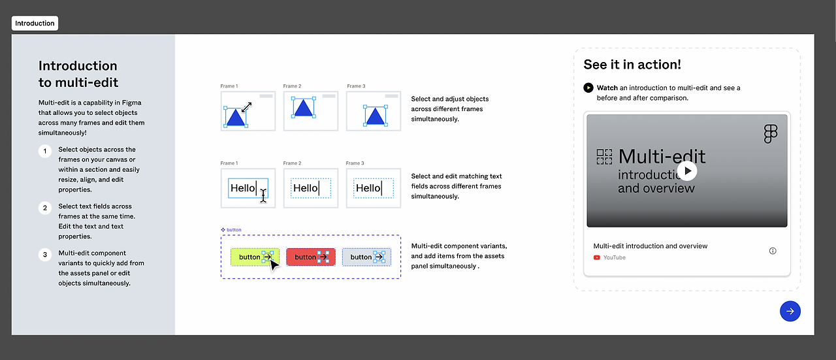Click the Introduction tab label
[x=35, y=23]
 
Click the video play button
[x=687, y=171]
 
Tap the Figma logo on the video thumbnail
[x=771, y=134]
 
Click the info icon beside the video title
[x=773, y=251]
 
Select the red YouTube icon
[x=597, y=257]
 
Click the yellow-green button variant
[x=255, y=257]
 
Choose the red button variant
[x=311, y=257]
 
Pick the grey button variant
[x=366, y=257]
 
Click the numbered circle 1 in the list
[x=45, y=151]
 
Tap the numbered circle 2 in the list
[x=45, y=208]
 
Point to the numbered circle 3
[x=45, y=255]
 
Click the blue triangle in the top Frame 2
[x=303, y=108]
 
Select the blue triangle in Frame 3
[x=376, y=117]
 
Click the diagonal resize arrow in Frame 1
[x=246, y=107]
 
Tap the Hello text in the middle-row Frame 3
[x=368, y=188]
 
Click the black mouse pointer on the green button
[x=274, y=265]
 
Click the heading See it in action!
[x=632, y=65]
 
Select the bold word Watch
[x=607, y=88]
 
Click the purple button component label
[x=234, y=230]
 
